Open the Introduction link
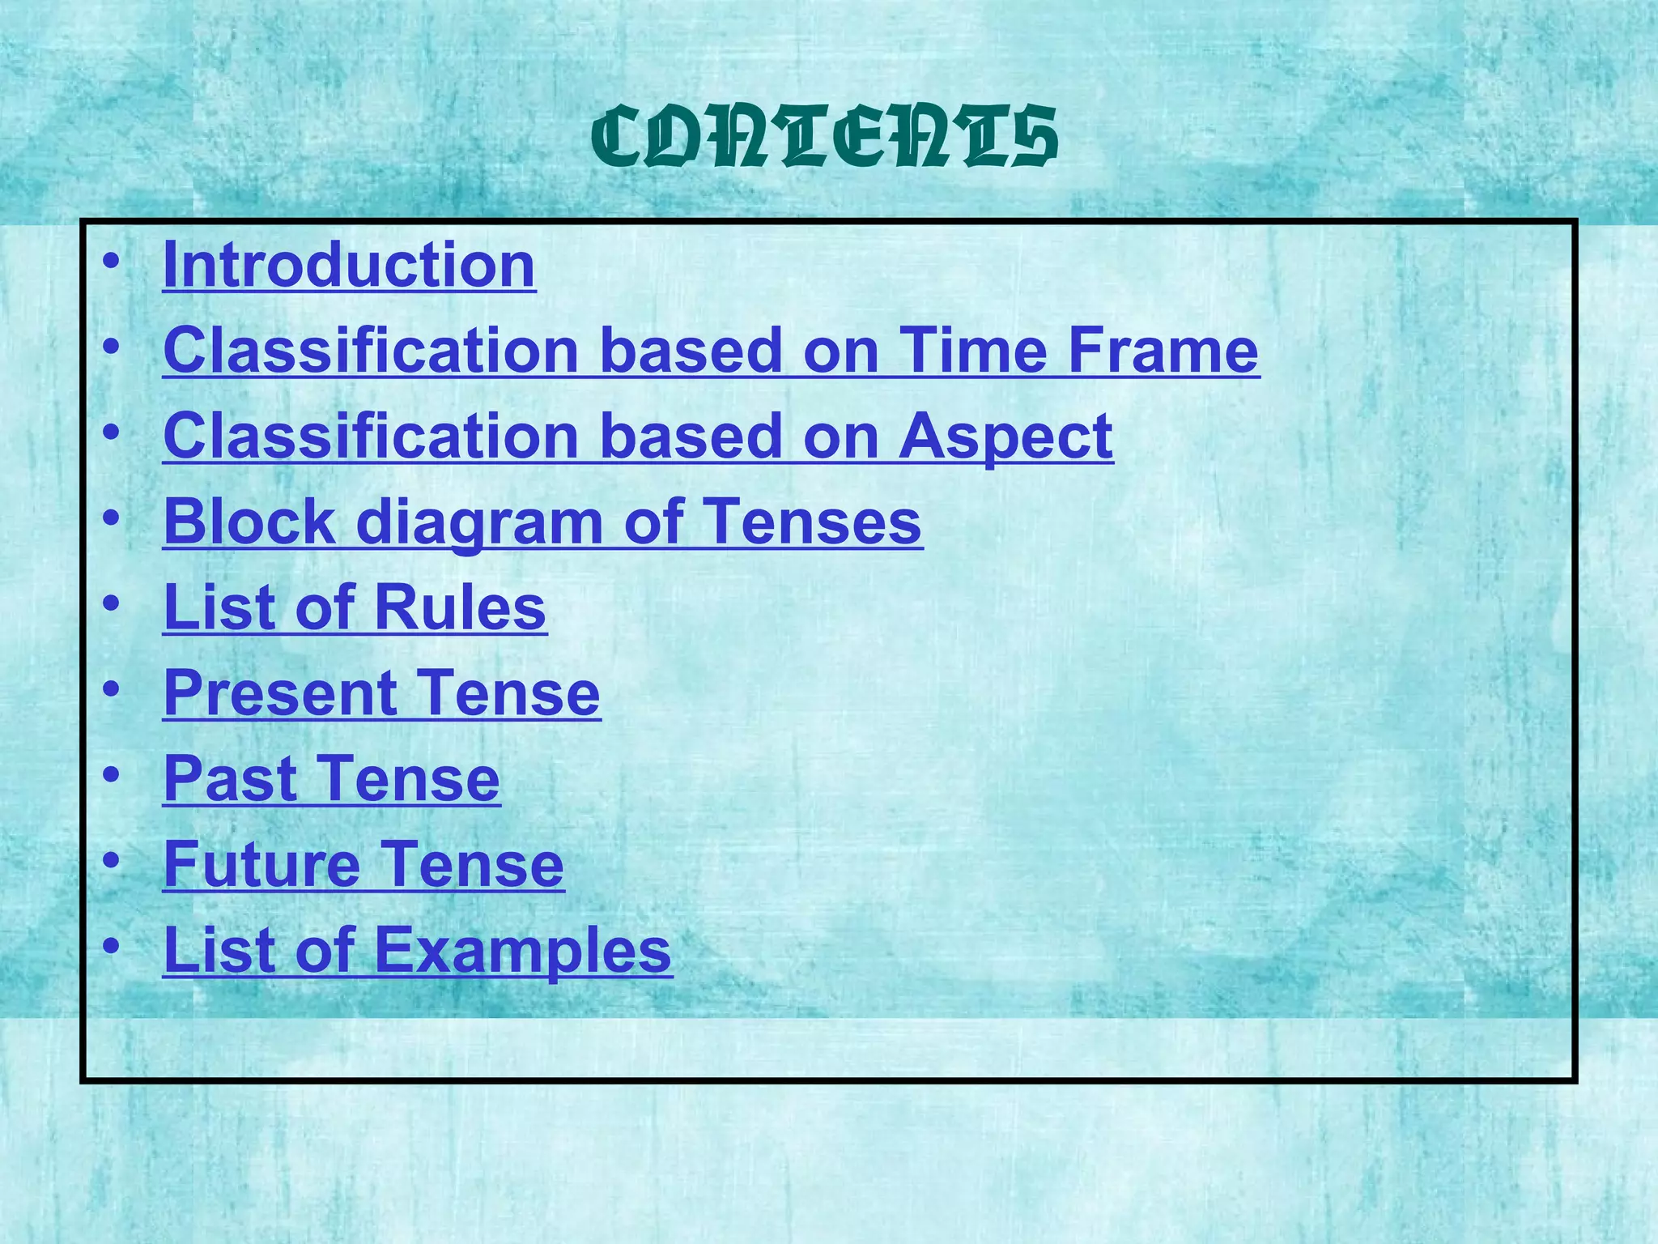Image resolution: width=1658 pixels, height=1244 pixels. click(349, 265)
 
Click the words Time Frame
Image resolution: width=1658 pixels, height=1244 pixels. click(1078, 351)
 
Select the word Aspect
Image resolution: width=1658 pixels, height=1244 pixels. click(1005, 437)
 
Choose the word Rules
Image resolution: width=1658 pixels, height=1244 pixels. click(460, 607)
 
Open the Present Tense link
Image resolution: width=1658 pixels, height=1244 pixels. click(381, 693)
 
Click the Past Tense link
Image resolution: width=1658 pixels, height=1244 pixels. click(332, 779)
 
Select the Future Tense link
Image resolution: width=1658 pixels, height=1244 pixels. click(363, 865)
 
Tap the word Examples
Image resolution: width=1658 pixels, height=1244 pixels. click(522, 951)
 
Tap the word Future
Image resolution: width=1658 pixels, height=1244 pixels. click(261, 865)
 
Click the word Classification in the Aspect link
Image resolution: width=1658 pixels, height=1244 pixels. click(371, 437)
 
